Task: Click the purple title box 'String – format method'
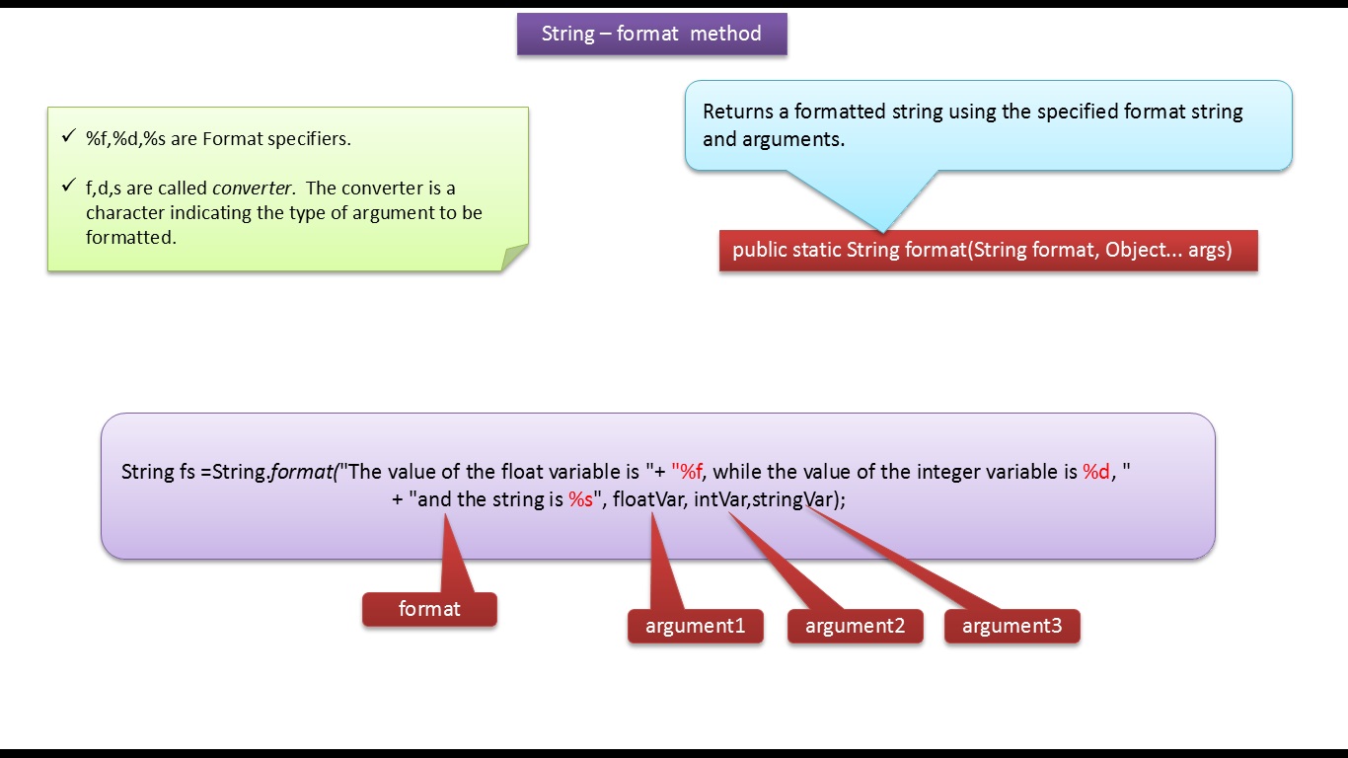(x=651, y=34)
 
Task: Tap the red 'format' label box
(x=429, y=609)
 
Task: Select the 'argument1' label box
(x=695, y=626)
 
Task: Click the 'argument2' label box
(x=855, y=626)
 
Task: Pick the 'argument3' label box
(x=1011, y=626)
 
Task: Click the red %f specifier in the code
(x=690, y=472)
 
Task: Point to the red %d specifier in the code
(x=1096, y=472)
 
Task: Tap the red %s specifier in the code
(x=580, y=499)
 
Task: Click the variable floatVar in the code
(x=648, y=499)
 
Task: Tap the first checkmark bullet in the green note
(x=68, y=137)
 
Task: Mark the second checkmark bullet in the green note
(x=68, y=187)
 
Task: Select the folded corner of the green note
(x=514, y=258)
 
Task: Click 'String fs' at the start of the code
(x=158, y=472)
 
